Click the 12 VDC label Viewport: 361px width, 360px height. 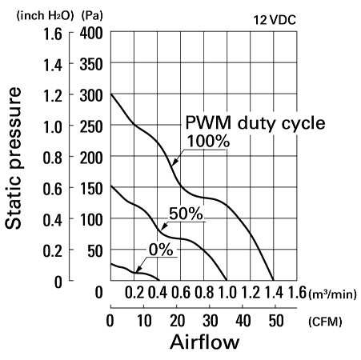(275, 20)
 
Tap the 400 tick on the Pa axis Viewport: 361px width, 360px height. (91, 34)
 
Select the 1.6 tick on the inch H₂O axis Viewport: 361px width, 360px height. (53, 34)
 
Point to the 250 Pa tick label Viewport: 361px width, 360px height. (91, 127)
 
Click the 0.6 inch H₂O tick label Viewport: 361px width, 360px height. (53, 189)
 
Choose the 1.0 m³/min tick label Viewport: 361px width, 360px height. (227, 292)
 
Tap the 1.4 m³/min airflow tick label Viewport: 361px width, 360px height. (274, 292)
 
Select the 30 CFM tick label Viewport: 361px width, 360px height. (211, 321)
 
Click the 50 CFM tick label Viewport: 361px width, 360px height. (276, 321)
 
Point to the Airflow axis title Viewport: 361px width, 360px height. (205, 342)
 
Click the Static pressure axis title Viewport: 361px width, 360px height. (13, 158)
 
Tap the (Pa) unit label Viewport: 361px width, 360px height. (92, 16)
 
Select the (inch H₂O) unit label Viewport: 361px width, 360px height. (45, 16)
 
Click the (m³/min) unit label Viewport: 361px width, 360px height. (333, 294)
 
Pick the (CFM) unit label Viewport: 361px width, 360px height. (325, 322)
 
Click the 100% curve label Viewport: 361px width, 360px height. (208, 141)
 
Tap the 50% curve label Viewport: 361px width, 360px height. (186, 214)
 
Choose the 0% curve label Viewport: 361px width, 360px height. (161, 250)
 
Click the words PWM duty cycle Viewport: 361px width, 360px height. (255, 123)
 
